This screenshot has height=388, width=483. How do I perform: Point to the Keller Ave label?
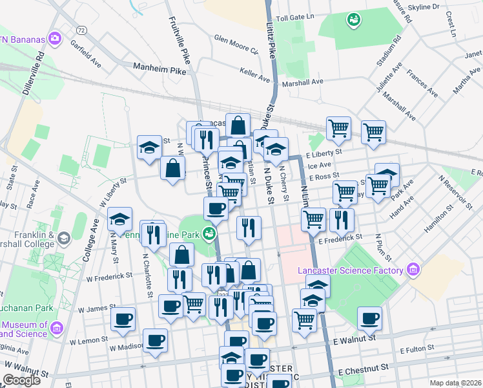(x=254, y=74)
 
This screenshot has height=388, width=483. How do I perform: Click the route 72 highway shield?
(x=81, y=30)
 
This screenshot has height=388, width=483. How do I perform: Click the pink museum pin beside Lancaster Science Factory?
(x=412, y=270)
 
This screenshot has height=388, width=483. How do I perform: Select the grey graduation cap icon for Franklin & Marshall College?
(x=64, y=239)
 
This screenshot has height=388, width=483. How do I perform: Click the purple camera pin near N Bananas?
(x=55, y=39)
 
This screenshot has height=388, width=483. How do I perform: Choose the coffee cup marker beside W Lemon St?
(x=123, y=318)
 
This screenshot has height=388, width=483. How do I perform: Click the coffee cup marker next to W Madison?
(x=155, y=339)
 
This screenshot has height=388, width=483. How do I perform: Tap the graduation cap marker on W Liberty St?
(x=119, y=219)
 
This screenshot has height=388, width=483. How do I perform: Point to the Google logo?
(x=21, y=380)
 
